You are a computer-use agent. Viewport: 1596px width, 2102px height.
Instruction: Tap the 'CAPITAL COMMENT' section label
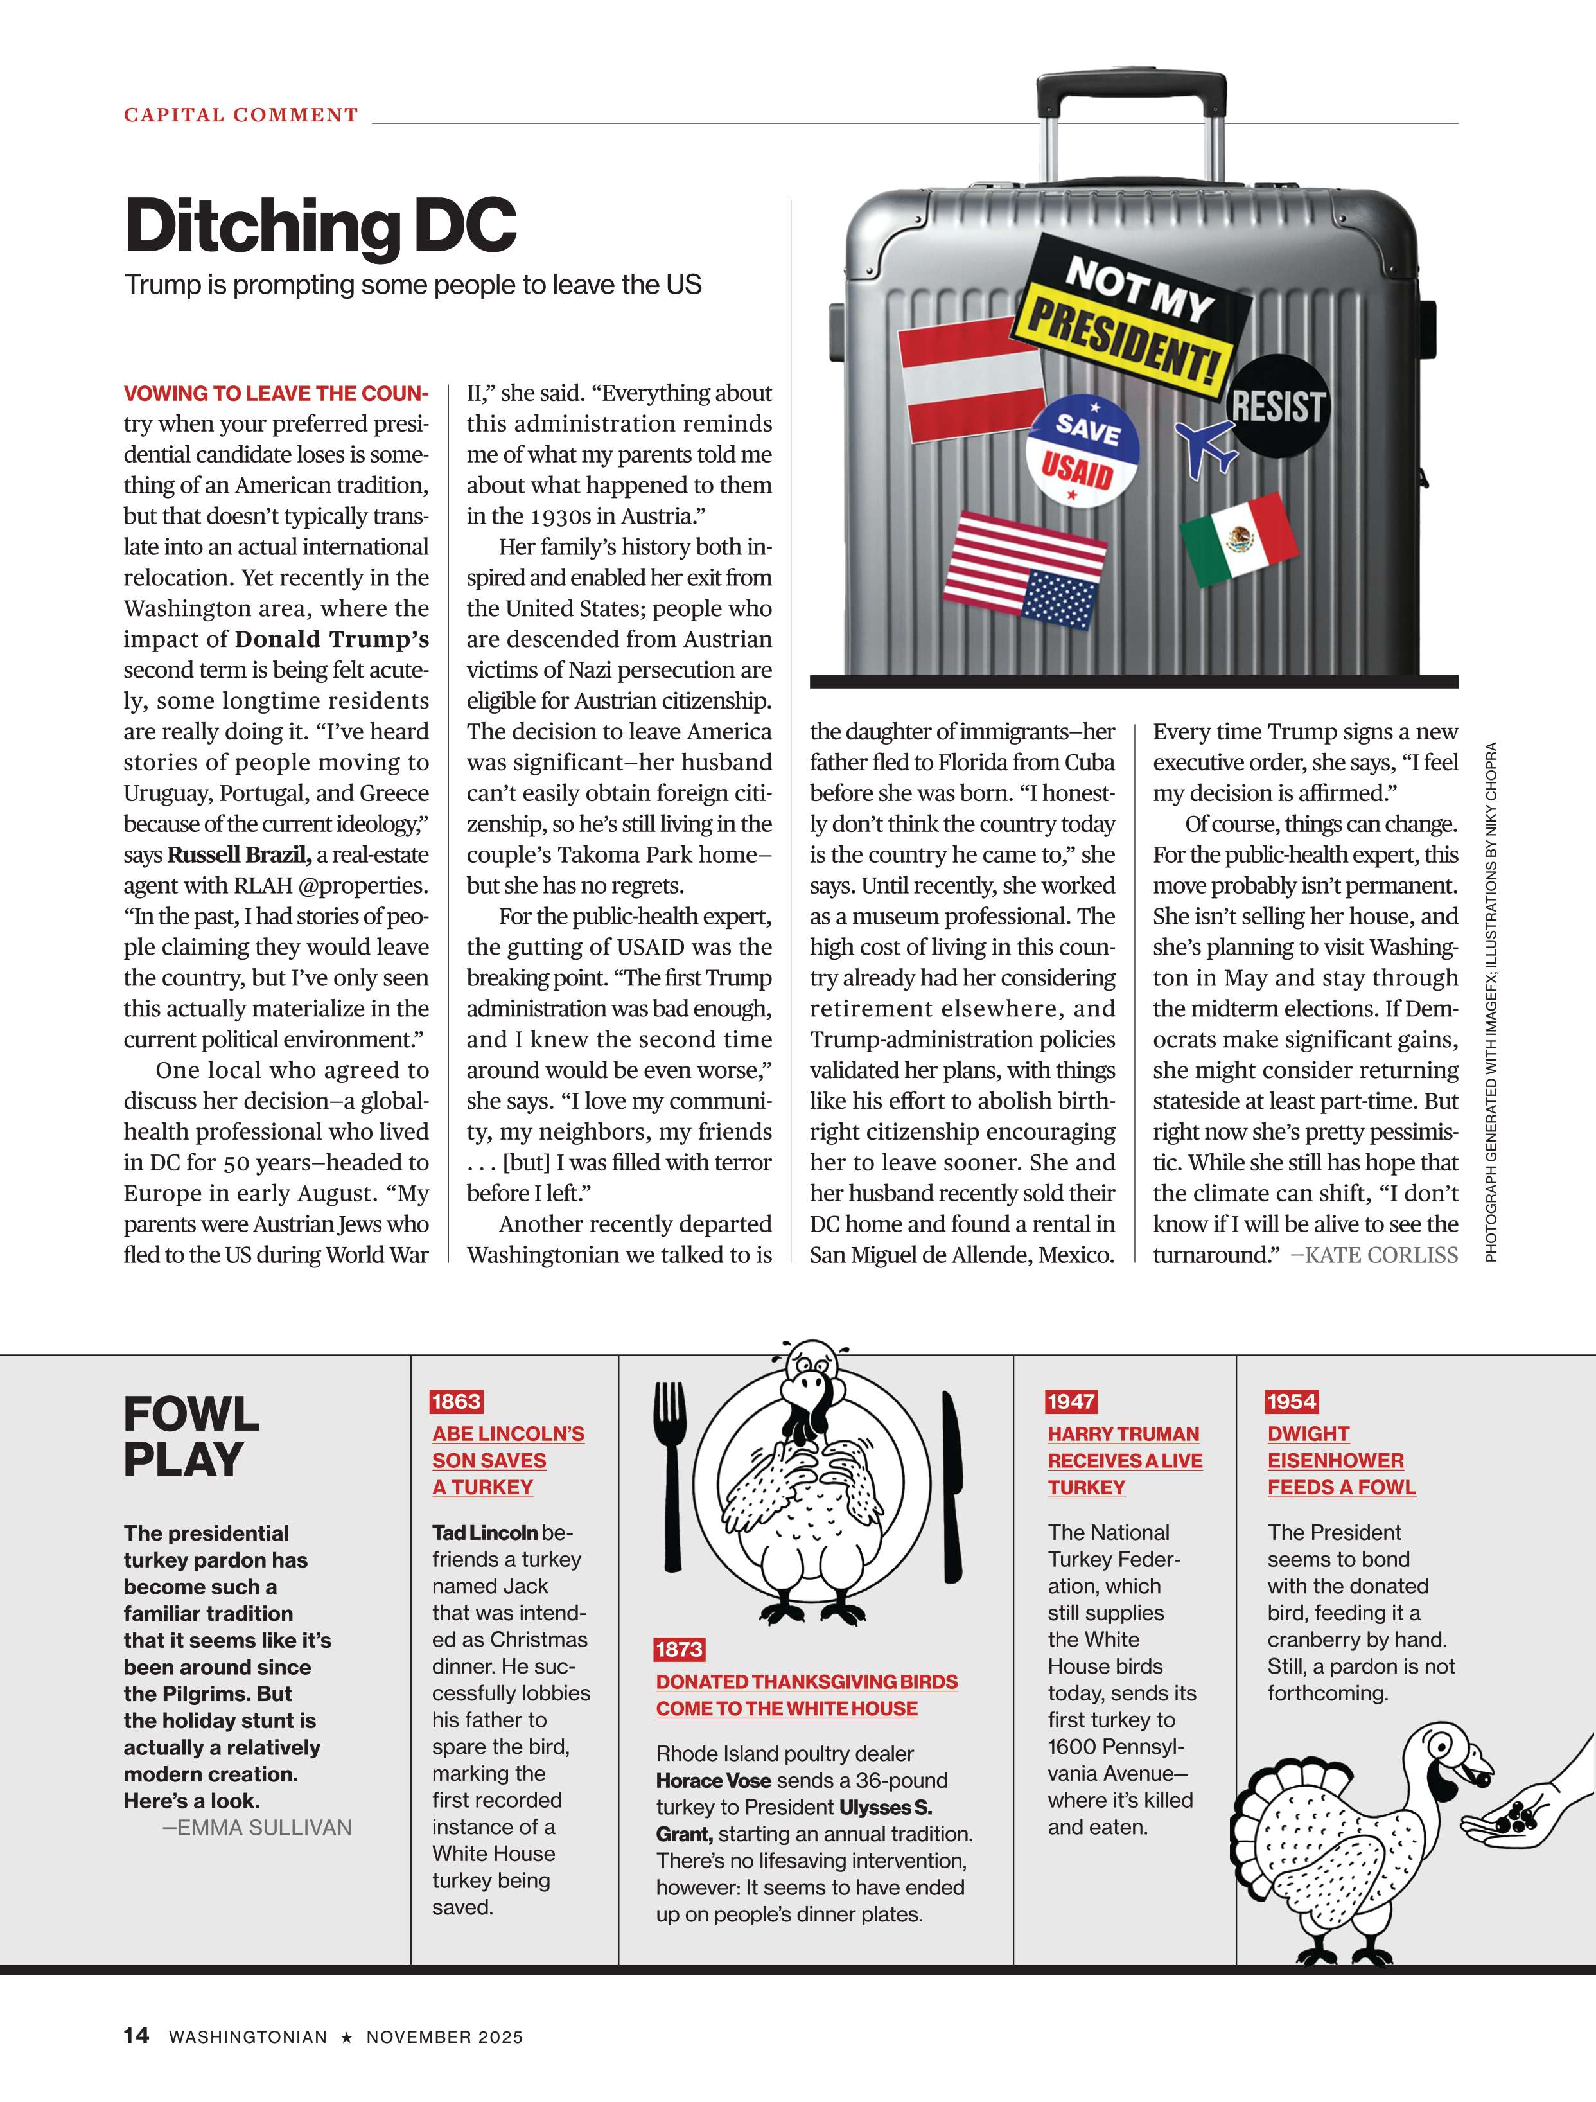pyautogui.click(x=241, y=115)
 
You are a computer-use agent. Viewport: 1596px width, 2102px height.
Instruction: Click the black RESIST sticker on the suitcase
pyautogui.click(x=1277, y=407)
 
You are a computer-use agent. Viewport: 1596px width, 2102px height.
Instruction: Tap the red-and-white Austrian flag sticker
pyautogui.click(x=971, y=378)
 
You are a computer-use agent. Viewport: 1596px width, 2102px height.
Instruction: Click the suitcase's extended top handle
pyautogui.click(x=1130, y=85)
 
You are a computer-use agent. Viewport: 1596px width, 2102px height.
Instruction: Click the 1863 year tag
pyautogui.click(x=456, y=1402)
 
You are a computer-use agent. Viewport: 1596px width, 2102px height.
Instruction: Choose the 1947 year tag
pyautogui.click(x=1071, y=1402)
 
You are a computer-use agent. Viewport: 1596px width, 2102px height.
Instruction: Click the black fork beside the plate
pyautogui.click(x=671, y=1473)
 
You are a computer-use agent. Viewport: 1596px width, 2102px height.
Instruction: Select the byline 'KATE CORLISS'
pyautogui.click(x=1381, y=1255)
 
